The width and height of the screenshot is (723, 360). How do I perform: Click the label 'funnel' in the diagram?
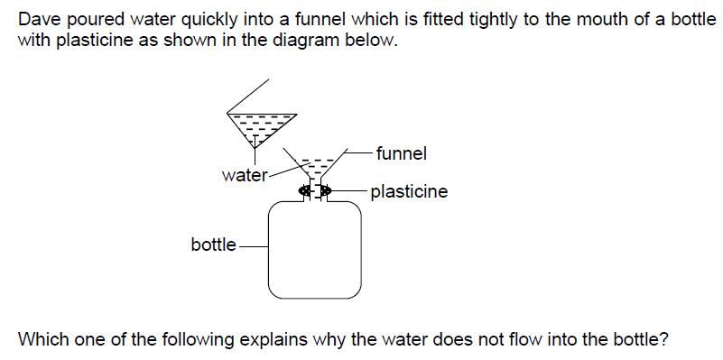(x=401, y=153)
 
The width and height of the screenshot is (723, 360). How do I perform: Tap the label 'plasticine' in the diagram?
(x=409, y=192)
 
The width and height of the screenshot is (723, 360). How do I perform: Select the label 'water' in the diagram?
(x=245, y=176)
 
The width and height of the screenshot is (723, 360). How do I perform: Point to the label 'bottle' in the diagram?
(x=214, y=245)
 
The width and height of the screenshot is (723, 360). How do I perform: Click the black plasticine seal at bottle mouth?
(x=315, y=190)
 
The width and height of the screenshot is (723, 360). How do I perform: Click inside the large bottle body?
(x=315, y=250)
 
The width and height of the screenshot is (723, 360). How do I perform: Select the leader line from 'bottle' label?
(x=253, y=246)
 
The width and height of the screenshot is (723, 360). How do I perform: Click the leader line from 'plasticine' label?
(x=349, y=189)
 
